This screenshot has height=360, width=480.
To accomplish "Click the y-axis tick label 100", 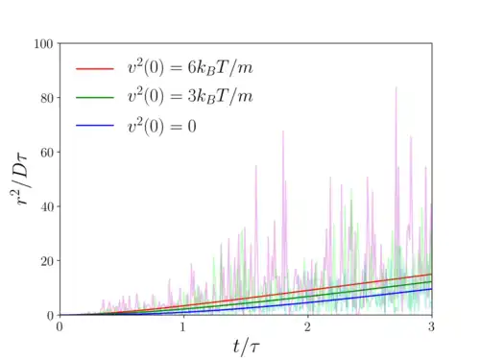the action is (x=43, y=44).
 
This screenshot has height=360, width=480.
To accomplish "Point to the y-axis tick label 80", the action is (x=47, y=98).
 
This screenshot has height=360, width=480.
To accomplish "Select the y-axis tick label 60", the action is (x=47, y=153).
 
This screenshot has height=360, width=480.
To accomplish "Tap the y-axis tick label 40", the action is (x=47, y=206).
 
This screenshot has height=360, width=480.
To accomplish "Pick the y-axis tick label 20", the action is (x=47, y=261).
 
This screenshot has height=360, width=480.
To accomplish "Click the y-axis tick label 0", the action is (x=50, y=316).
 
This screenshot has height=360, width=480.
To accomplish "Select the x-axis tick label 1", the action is (x=182, y=326).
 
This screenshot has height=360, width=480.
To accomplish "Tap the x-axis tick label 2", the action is (x=307, y=326).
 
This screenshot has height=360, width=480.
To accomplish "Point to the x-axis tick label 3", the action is (x=431, y=326).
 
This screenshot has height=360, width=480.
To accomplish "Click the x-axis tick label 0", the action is (x=60, y=326).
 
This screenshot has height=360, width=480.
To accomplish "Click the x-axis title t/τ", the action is (x=246, y=347).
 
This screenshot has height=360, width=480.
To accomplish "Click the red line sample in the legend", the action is (x=95, y=68).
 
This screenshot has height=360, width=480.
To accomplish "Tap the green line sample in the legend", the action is (x=95, y=97).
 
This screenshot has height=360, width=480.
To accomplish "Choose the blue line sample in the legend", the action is (x=95, y=126).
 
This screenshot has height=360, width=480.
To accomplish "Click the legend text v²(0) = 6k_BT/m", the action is (x=190, y=67).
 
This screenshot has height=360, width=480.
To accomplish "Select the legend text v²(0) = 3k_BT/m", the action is (x=190, y=96).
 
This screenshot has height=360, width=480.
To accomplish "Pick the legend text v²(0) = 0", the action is (x=162, y=126).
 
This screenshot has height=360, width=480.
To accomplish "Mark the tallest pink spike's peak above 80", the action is (x=396, y=87).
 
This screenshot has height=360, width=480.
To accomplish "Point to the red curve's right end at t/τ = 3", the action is (x=432, y=274).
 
